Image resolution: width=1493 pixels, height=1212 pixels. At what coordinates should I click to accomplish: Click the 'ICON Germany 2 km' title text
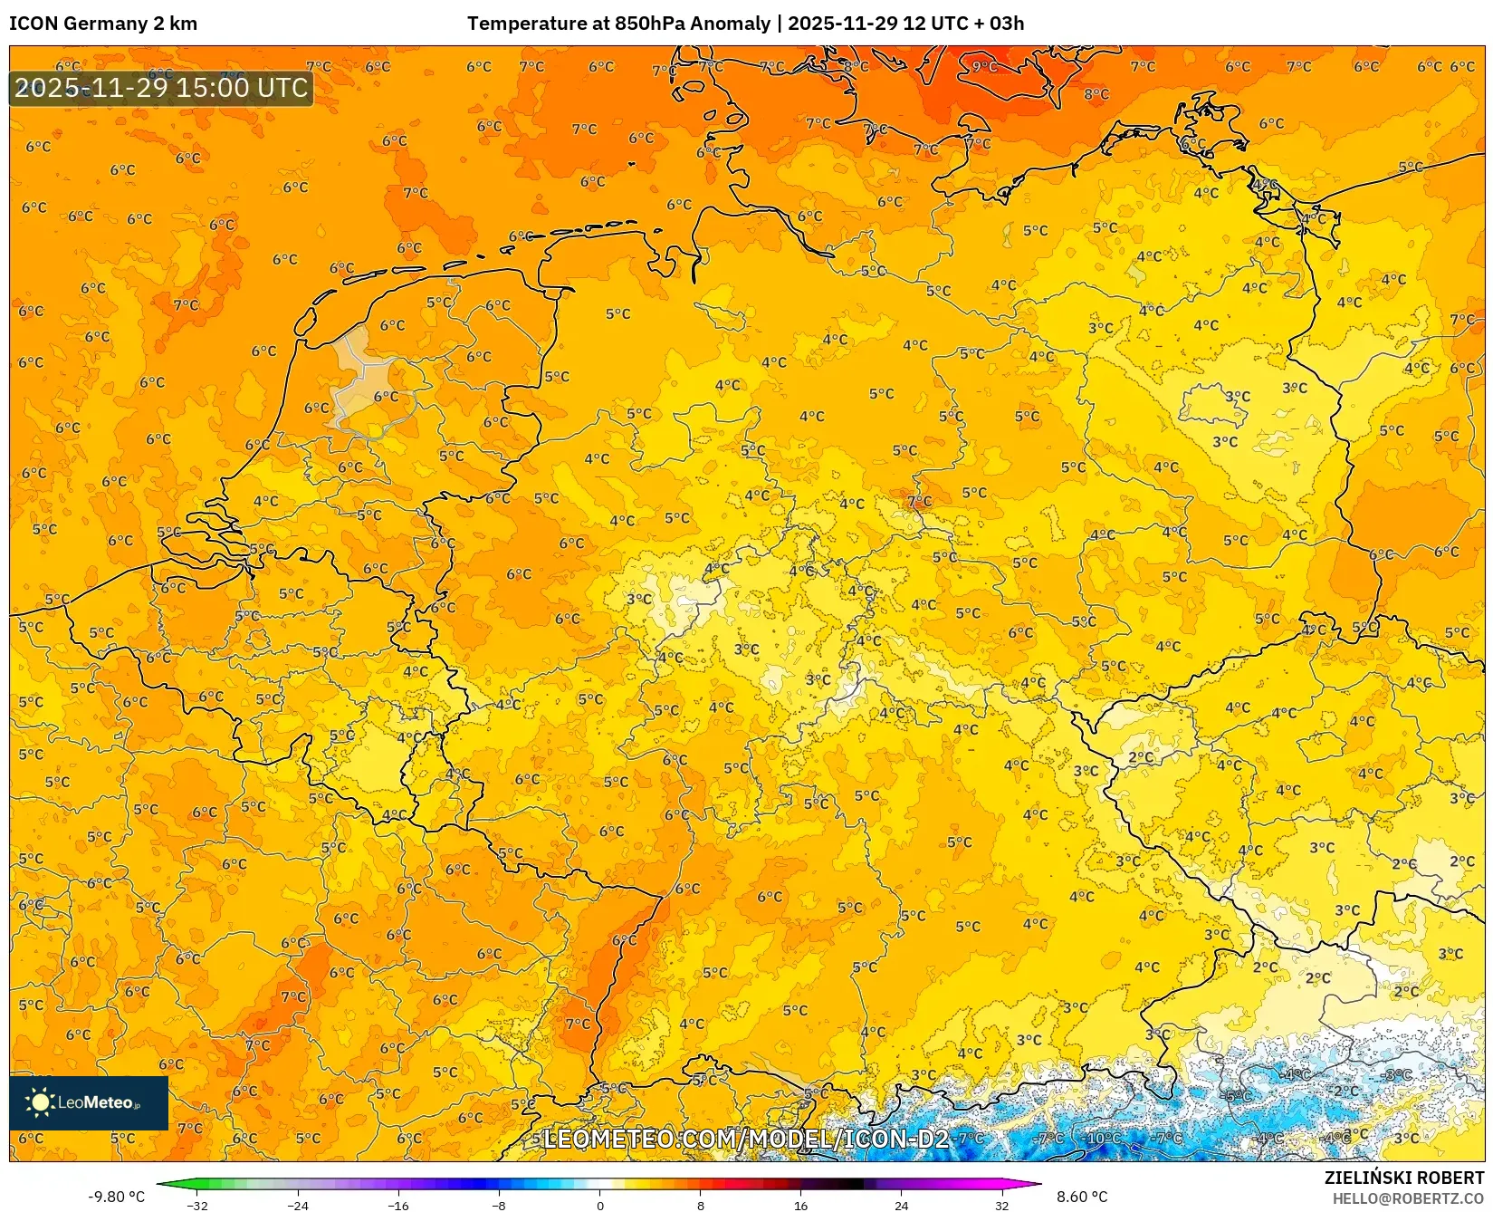[102, 24]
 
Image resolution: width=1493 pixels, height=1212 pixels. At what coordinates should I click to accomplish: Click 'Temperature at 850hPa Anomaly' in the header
[618, 24]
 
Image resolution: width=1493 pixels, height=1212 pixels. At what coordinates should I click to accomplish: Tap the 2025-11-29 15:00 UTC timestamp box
[161, 88]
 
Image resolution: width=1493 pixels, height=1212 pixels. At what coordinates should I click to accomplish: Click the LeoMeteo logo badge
[89, 1102]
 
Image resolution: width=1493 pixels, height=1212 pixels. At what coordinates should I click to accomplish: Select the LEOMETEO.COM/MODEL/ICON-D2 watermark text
[745, 1139]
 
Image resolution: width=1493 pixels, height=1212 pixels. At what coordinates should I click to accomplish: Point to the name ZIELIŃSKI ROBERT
[1404, 1178]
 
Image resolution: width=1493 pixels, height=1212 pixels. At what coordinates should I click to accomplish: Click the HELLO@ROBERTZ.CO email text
[1408, 1198]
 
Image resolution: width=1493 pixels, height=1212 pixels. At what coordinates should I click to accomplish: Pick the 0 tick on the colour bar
[599, 1206]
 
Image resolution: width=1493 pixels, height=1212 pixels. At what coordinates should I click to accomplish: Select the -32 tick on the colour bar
[197, 1206]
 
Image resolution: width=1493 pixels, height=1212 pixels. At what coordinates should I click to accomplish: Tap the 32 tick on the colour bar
[1001, 1206]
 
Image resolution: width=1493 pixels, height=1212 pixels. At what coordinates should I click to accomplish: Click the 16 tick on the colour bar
[800, 1206]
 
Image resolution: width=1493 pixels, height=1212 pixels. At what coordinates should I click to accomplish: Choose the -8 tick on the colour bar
[499, 1206]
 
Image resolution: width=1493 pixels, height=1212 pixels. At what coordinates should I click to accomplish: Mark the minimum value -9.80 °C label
[116, 1197]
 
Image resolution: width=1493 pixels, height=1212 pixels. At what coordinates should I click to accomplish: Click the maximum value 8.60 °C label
[1082, 1197]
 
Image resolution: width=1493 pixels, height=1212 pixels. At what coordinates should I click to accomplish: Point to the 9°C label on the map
[984, 66]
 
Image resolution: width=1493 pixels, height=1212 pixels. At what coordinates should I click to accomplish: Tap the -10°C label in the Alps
[1103, 1138]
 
